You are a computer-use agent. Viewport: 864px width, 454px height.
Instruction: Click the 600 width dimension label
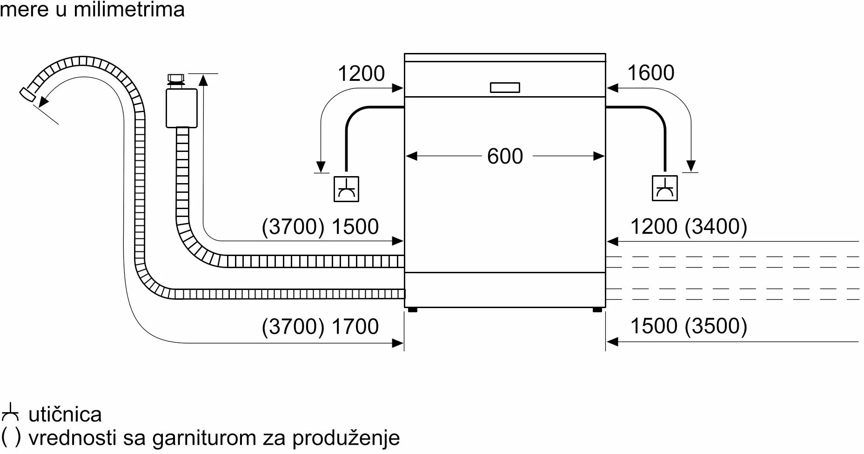[x=505, y=157]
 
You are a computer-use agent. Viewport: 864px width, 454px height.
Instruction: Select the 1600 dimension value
[x=650, y=73]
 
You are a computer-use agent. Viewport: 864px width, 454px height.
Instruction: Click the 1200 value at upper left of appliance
[x=361, y=74]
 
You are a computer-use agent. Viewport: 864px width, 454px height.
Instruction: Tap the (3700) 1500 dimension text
[x=320, y=227]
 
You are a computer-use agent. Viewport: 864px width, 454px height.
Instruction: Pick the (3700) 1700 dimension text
[x=320, y=327]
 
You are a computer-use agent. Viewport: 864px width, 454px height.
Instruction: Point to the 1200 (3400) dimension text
[x=688, y=227]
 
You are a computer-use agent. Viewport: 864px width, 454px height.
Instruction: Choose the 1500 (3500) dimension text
[x=688, y=326]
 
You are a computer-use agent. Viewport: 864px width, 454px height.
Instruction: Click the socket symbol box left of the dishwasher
[x=346, y=189]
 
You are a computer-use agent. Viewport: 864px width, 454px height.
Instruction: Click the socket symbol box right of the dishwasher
[x=664, y=188]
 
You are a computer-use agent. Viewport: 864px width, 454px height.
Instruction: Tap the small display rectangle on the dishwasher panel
[x=505, y=87]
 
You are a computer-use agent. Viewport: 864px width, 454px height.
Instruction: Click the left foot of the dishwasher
[x=412, y=309]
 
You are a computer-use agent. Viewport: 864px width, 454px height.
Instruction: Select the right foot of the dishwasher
[x=597, y=309]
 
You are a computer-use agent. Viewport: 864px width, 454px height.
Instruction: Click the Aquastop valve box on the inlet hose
[x=181, y=108]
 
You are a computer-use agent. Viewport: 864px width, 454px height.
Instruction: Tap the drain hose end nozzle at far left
[x=27, y=94]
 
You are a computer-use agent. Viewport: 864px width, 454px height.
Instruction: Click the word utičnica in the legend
[x=65, y=415]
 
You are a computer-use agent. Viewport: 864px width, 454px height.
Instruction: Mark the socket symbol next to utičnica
[x=10, y=414]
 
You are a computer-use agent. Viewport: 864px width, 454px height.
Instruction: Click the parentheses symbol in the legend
[x=11, y=437]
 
